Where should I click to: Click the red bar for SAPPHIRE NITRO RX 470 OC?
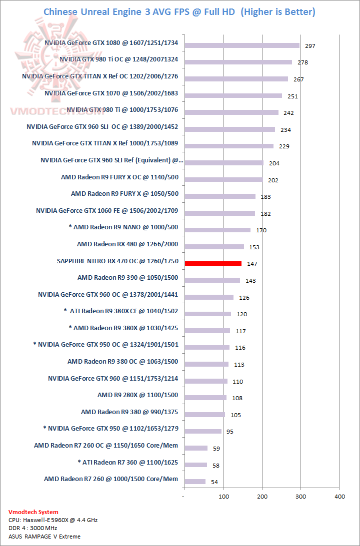pyautogui.click(x=213, y=263)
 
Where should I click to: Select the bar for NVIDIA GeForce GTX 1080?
pyautogui.click(x=242, y=45)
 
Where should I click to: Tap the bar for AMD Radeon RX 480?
pyautogui.click(x=214, y=247)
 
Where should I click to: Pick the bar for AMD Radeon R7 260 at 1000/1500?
pyautogui.click(x=195, y=482)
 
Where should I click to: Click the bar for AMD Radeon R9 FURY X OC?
pyautogui.click(x=223, y=180)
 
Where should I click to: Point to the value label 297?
pyautogui.click(x=310, y=46)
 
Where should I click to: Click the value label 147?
pyautogui.click(x=252, y=264)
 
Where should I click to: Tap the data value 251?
pyautogui.click(x=292, y=96)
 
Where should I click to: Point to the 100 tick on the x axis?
pyautogui.click(x=223, y=497)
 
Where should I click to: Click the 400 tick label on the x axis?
pyautogui.click(x=339, y=497)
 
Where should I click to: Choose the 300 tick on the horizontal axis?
pyautogui.click(x=300, y=497)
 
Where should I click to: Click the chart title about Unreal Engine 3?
pyautogui.click(x=179, y=12)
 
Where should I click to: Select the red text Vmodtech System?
pyautogui.click(x=33, y=512)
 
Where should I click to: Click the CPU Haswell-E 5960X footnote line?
pyautogui.click(x=53, y=520)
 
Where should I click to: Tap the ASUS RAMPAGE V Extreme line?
pyautogui.click(x=44, y=537)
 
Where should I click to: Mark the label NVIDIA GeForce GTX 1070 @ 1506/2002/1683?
pyautogui.click(x=111, y=93)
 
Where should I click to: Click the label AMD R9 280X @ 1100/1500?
pyautogui.click(x=137, y=395)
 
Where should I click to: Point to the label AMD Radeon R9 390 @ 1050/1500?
pyautogui.click(x=127, y=278)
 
